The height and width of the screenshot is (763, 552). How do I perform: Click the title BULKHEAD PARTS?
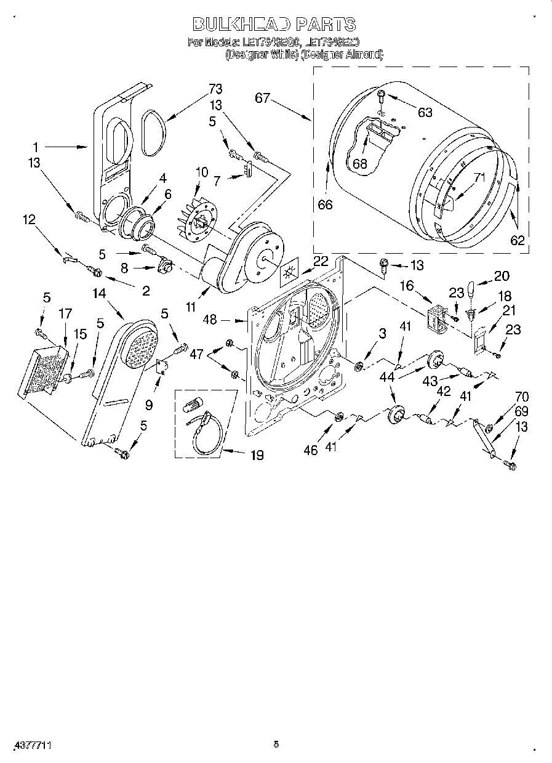(274, 25)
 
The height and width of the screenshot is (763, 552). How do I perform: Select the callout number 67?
(263, 98)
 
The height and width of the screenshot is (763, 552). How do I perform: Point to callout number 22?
(320, 261)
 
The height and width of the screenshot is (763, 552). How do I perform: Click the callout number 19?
(257, 456)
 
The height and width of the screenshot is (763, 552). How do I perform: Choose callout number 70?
(505, 397)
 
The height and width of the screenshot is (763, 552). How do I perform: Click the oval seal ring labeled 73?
(151, 132)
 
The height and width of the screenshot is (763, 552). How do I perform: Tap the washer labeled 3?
(358, 368)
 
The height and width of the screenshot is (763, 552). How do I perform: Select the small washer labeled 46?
(338, 418)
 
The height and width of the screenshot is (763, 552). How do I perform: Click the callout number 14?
(99, 294)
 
